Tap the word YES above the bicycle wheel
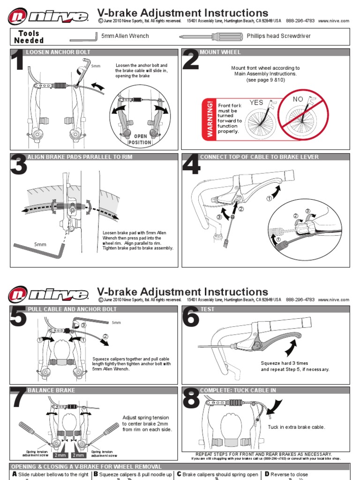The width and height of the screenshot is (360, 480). point(256,103)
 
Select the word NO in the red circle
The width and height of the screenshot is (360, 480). point(298,99)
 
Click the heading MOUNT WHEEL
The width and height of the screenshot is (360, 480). point(214,52)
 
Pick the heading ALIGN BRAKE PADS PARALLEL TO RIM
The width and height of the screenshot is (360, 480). point(80,157)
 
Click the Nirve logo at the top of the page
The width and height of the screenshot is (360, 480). point(48,17)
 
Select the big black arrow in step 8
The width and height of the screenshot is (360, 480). point(272,405)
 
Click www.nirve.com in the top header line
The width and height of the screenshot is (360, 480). point(333,21)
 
